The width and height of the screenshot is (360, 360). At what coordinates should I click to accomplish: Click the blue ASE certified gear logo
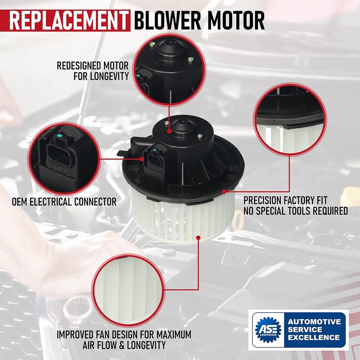point(267,331)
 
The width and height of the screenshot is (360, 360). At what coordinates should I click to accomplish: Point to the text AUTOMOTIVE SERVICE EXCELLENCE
point(314,329)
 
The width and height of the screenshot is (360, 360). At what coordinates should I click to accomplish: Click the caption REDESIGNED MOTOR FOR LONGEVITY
point(93,71)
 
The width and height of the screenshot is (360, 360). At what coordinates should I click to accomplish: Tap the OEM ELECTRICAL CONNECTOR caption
point(64,201)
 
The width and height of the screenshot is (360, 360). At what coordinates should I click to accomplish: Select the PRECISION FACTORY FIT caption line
point(291,200)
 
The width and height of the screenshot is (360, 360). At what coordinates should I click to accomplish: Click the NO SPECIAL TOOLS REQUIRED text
point(296,211)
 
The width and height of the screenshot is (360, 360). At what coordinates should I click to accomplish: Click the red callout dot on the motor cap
point(169,131)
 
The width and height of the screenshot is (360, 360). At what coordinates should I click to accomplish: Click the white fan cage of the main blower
point(180,216)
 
